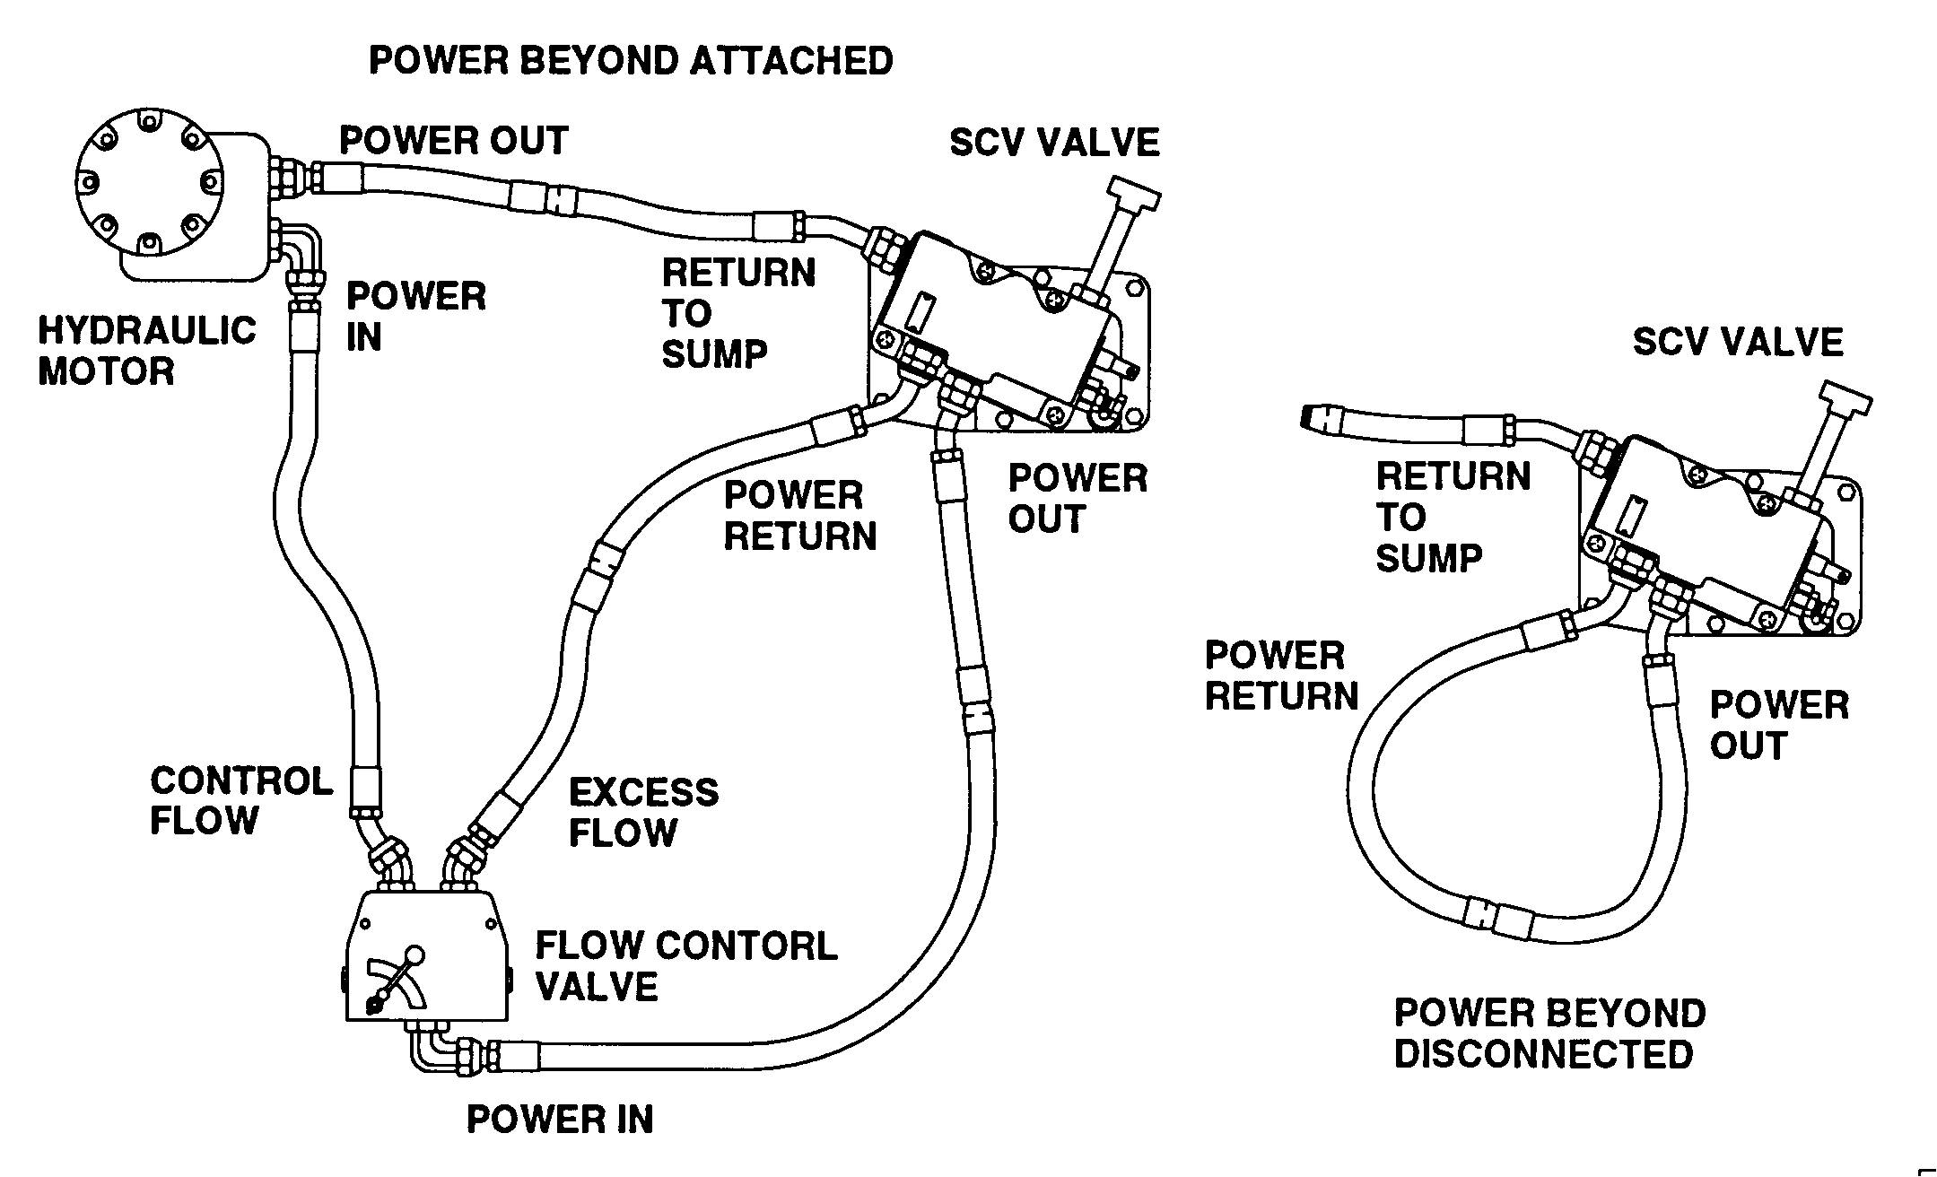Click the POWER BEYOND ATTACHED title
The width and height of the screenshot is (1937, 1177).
coord(631,61)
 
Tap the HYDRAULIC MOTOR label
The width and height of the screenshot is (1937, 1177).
coord(146,351)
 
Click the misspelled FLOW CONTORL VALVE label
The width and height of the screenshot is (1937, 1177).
coord(685,966)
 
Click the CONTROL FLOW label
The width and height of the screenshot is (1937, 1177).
coord(240,800)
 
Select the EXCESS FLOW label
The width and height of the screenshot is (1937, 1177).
coord(643,813)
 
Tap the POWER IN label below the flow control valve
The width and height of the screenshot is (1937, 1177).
coord(560,1119)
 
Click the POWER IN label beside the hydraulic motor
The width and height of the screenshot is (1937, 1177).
coord(415,316)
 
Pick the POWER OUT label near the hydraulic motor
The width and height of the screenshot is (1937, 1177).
coord(453,140)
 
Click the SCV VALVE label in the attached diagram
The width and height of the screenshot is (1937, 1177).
coord(1054,143)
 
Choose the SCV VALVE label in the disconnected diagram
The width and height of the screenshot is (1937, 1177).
coord(1737,342)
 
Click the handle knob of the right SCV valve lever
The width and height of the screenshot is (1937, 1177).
coord(1845,396)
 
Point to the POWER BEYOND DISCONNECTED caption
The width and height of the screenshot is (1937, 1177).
coord(1549,1033)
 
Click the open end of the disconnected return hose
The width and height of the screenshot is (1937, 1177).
coord(1312,416)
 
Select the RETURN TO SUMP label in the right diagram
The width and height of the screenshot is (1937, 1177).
coord(1452,517)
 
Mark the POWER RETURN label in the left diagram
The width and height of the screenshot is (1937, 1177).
coord(799,516)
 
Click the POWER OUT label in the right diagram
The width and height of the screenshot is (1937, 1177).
coord(1778,725)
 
